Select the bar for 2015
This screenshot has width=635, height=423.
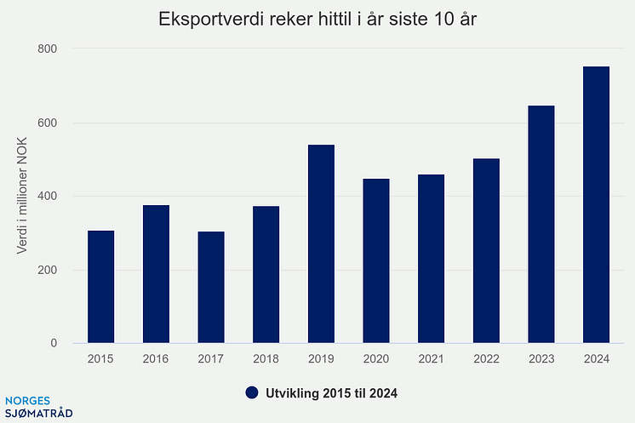[100, 287]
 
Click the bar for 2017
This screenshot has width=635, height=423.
[210, 288]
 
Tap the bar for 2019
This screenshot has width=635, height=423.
[321, 244]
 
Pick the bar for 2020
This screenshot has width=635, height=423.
[376, 261]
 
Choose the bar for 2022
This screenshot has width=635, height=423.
[486, 251]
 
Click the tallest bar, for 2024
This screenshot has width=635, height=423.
[596, 205]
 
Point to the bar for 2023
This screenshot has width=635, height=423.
[541, 225]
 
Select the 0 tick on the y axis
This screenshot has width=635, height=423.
[53, 344]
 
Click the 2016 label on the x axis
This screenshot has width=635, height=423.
[156, 360]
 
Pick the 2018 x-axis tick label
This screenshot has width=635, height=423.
[266, 360]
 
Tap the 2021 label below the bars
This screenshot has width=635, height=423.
[431, 360]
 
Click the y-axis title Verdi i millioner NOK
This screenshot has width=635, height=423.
[22, 197]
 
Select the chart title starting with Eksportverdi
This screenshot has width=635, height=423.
[317, 20]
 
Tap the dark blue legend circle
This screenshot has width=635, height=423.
[251, 393]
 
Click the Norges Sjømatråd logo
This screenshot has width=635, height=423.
[38, 407]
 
